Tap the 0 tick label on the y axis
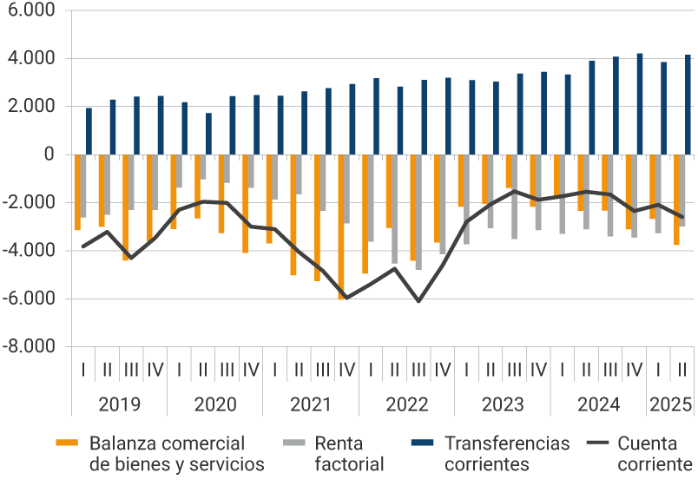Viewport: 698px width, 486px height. (49, 155)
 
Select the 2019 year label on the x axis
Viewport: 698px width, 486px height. (119, 404)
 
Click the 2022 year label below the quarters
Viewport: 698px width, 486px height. (406, 404)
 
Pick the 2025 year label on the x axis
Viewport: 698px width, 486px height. (670, 404)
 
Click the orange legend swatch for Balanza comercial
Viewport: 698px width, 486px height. (69, 443)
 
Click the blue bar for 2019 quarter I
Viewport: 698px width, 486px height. (89, 131)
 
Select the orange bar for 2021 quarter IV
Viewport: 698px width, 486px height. (342, 227)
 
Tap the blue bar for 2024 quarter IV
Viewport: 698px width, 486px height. (640, 104)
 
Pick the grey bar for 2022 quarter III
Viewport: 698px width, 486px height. (419, 212)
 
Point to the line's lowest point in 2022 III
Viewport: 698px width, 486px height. (418, 301)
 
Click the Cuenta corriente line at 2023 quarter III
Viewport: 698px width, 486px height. (514, 191)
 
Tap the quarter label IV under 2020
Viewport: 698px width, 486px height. (251, 369)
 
